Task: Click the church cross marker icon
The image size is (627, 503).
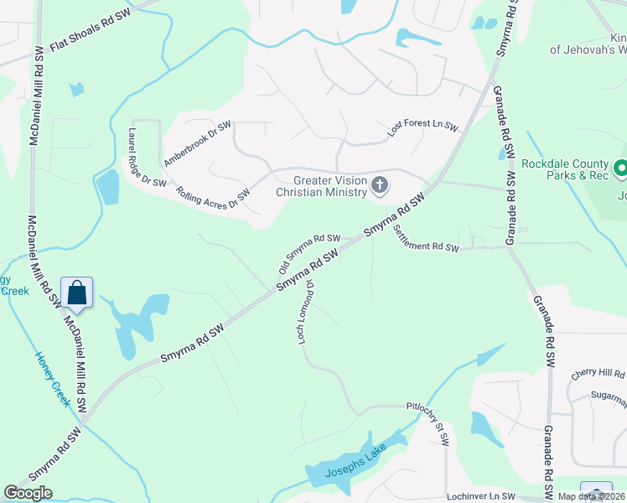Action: (380, 185)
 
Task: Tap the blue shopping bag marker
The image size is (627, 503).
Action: (76, 293)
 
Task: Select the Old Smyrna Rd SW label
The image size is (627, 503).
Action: (309, 253)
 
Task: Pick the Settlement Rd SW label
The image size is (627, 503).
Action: (427, 238)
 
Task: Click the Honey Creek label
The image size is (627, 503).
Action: (53, 378)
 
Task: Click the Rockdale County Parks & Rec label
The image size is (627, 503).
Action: (564, 169)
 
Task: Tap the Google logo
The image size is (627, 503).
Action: (28, 493)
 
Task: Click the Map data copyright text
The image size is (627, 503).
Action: (603, 496)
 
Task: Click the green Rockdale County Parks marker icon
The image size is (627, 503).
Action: (620, 169)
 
